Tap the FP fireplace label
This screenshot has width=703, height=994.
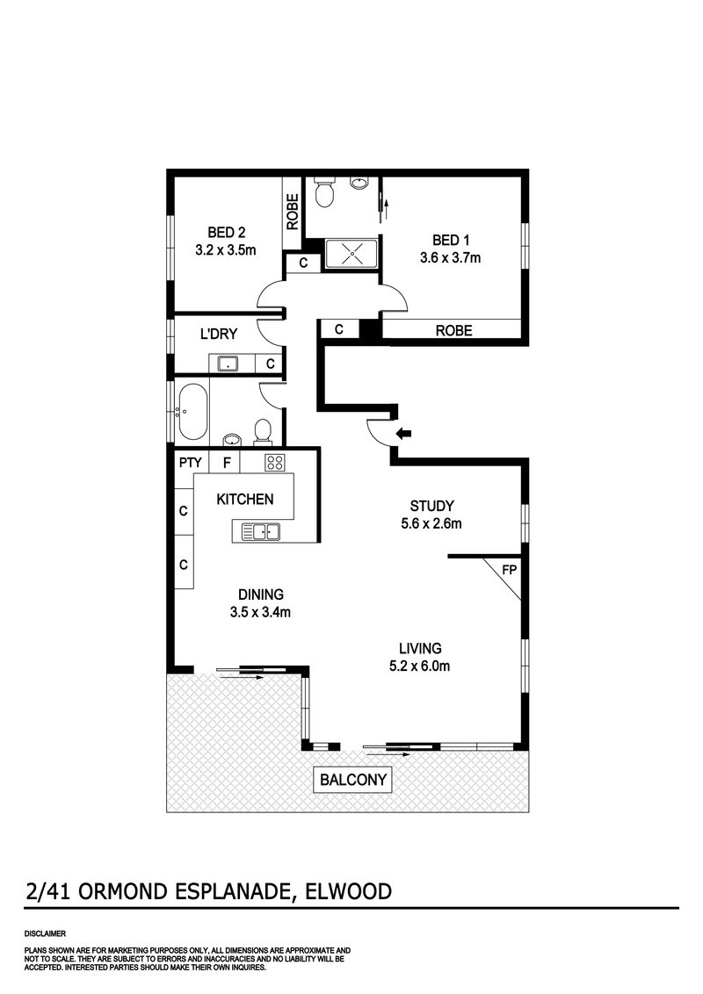(509, 569)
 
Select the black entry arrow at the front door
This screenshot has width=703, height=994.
(405, 433)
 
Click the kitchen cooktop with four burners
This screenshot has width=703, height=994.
(274, 463)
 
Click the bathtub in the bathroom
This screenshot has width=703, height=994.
(192, 410)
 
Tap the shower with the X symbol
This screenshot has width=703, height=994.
(351, 254)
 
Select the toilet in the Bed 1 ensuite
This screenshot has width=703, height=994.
(324, 192)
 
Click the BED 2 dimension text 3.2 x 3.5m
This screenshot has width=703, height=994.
(226, 249)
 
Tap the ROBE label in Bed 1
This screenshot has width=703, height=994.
(453, 330)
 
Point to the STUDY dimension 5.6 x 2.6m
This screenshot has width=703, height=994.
(431, 524)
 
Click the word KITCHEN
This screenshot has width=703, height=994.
(245, 499)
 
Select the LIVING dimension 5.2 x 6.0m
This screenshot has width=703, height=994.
(419, 666)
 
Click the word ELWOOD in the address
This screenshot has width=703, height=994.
(349, 892)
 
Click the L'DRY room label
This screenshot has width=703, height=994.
(214, 333)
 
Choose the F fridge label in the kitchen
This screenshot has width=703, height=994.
(227, 462)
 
